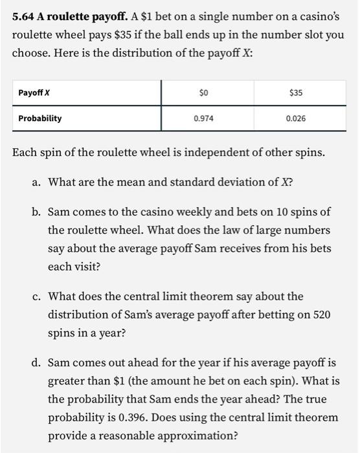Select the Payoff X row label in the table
(34, 93)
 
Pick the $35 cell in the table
(295, 93)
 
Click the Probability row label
(40, 118)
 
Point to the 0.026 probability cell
(295, 118)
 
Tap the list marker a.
(36, 182)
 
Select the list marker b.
(36, 212)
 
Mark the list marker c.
(36, 296)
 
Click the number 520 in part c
(321, 315)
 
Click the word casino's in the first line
(315, 16)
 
